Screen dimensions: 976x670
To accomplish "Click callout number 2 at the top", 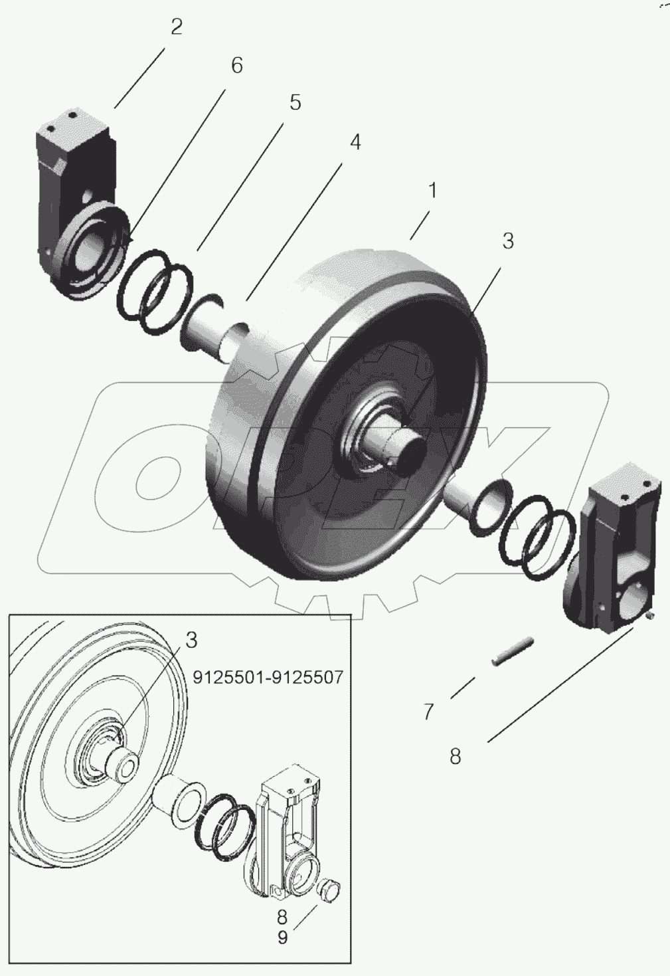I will tap(176, 27).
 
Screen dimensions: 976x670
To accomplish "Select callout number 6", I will tap(236, 65).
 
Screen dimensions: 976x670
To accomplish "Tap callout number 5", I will tap(295, 102).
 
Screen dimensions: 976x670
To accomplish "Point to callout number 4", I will tap(355, 142).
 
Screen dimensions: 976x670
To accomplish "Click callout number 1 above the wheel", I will tap(433, 191).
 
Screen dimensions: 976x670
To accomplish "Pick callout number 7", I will tap(428, 712).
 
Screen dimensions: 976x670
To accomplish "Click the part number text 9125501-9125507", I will tap(268, 677).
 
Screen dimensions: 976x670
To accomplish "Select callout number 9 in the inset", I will tap(282, 938).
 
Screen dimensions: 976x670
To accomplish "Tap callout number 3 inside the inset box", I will tap(191, 640).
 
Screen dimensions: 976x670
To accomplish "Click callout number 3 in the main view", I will tap(508, 241).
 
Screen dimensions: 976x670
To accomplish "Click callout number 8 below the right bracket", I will tap(455, 756).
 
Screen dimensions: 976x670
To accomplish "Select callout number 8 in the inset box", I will tap(282, 917).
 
